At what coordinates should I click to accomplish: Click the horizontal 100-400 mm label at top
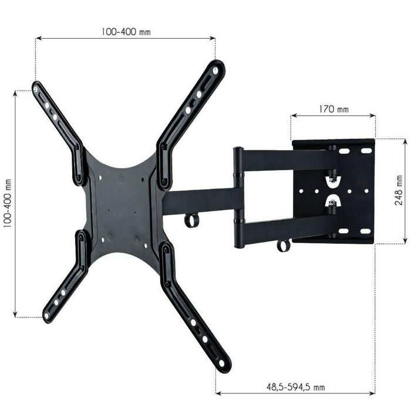[x=124, y=32]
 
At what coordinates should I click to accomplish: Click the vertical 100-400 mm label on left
[x=9, y=204]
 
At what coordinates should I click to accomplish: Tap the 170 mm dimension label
[x=333, y=109]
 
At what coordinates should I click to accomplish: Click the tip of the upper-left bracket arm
[x=36, y=89]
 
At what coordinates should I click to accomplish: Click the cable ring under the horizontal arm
[x=191, y=221]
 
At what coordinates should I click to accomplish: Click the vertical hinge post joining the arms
[x=238, y=197]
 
